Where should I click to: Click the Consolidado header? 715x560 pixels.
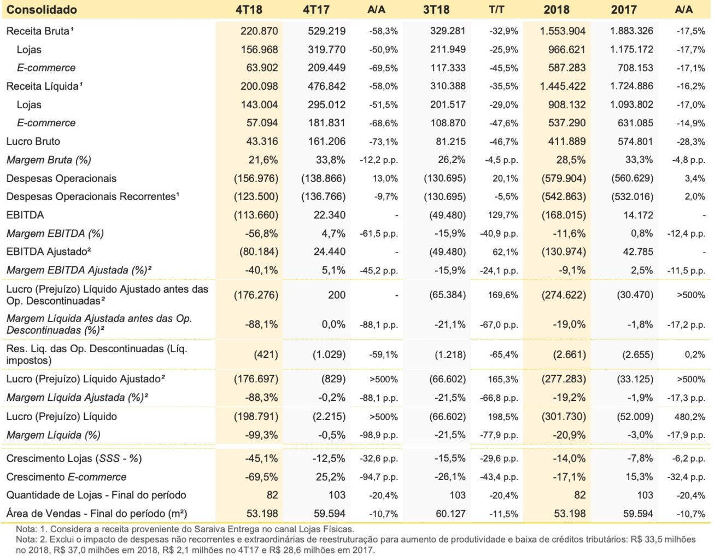42,9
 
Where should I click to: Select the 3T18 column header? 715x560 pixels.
436,9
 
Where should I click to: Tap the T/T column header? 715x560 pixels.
496,9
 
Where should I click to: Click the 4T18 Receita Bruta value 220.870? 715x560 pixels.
259,31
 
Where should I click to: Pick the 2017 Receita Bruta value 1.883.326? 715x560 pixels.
631,31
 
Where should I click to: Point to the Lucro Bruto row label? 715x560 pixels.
33,142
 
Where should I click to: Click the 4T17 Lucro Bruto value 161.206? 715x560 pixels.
326,142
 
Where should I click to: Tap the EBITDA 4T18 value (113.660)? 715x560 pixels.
256,215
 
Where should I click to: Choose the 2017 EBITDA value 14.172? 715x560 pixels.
638,215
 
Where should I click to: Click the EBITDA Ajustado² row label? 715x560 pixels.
48,252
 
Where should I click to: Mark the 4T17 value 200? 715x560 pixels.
337,295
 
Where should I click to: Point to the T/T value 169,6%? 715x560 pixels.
503,295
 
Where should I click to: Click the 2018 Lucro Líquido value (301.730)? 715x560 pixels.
564,417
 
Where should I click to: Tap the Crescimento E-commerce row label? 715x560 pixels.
67,477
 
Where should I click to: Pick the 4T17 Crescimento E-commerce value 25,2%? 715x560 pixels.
330,477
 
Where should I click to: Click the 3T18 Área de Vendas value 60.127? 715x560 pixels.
450,514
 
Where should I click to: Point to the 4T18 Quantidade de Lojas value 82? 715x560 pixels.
272,495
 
